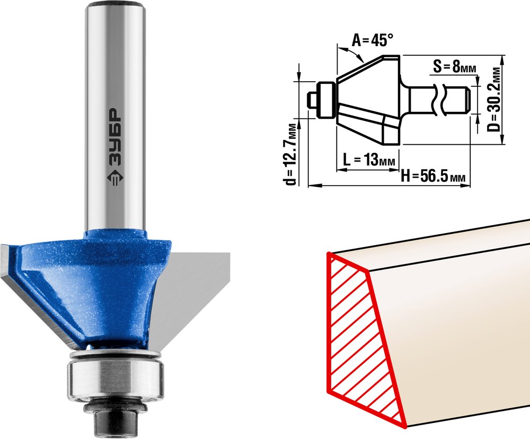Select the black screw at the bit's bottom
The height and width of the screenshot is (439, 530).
[115, 417]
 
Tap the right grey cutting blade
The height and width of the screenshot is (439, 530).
[193, 297]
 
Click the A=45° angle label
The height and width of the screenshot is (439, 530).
[373, 40]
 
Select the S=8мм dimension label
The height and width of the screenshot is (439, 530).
[454, 67]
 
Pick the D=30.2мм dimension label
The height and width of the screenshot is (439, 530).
[495, 100]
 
